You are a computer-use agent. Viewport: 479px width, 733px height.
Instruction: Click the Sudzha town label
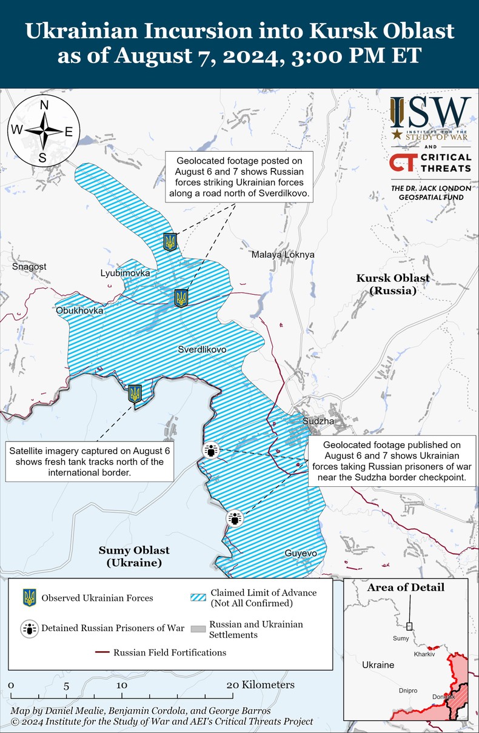point(318,421)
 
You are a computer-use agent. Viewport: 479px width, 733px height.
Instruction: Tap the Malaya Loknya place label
point(283,255)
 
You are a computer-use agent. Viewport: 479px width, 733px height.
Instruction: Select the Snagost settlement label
point(29,267)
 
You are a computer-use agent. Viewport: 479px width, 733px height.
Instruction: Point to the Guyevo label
point(301,554)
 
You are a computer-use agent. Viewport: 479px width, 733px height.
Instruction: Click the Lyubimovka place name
point(125,273)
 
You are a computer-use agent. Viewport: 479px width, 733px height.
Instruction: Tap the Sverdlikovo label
point(202,350)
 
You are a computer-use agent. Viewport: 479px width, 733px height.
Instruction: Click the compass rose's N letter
point(44,105)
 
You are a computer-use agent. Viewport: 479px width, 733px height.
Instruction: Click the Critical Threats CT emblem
point(403,162)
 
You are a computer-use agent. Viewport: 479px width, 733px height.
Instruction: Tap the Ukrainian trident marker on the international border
point(135,393)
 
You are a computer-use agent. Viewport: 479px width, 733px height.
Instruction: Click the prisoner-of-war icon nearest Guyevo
point(235,519)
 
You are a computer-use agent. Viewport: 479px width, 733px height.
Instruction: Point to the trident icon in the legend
point(28,598)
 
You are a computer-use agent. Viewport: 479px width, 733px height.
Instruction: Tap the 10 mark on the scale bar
point(122,685)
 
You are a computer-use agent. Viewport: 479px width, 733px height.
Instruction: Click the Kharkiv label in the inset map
point(424,655)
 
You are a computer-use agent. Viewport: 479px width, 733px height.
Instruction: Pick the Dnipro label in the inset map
point(408,691)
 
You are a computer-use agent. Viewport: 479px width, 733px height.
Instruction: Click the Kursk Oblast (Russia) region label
point(393,284)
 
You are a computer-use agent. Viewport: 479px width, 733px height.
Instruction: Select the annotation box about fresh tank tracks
point(89,462)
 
